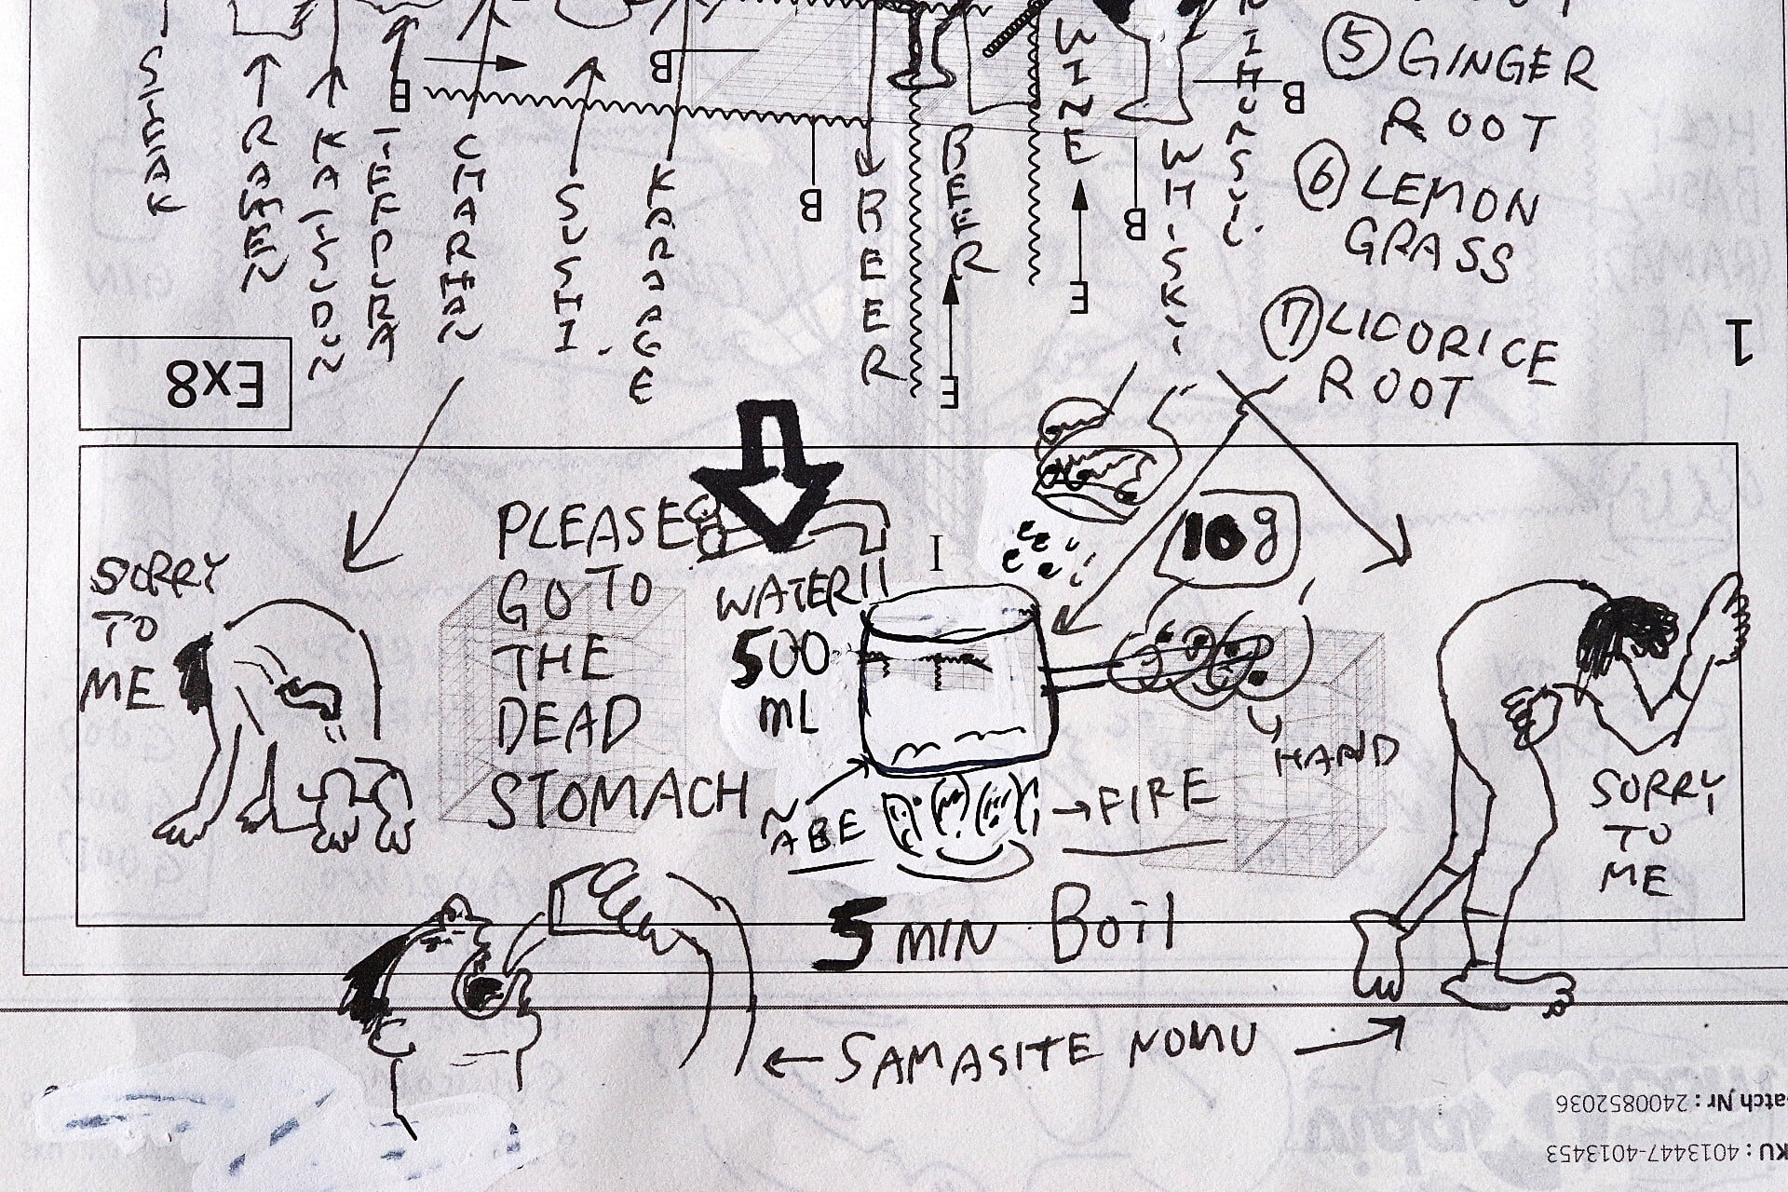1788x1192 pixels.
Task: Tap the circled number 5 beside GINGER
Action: click(1348, 47)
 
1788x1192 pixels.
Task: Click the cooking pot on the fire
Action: click(954, 684)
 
